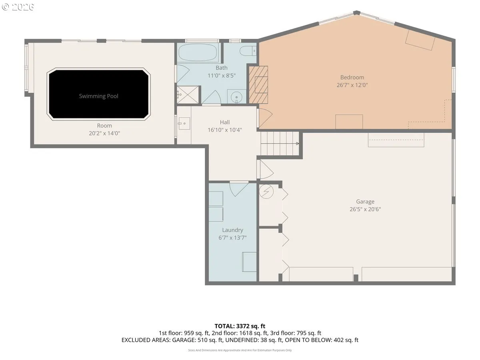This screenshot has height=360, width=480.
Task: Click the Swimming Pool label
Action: point(98,96)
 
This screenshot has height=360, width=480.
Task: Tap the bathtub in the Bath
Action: point(198,52)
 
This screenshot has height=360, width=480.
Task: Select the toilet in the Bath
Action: point(248,51)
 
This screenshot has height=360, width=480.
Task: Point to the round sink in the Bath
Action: point(236,97)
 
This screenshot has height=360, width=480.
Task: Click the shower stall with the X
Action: point(188,95)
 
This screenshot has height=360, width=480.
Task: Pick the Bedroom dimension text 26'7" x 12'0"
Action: point(352,85)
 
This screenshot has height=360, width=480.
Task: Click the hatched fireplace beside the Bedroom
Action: point(258,85)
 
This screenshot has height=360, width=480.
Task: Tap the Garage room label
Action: point(365,202)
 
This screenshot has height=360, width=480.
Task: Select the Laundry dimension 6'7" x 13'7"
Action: point(232,238)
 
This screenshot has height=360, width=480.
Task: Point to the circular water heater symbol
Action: point(266,192)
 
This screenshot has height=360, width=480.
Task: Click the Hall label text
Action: point(224,122)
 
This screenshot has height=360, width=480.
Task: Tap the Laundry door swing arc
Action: point(238,189)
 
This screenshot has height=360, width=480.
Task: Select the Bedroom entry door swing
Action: point(265,118)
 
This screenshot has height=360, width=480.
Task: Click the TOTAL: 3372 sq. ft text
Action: point(240,326)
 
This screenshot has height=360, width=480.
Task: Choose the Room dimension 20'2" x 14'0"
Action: point(104,133)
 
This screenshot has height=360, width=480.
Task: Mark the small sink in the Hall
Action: point(184,124)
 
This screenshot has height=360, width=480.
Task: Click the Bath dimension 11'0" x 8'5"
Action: point(222,76)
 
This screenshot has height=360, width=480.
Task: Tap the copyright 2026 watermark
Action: point(18,7)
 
